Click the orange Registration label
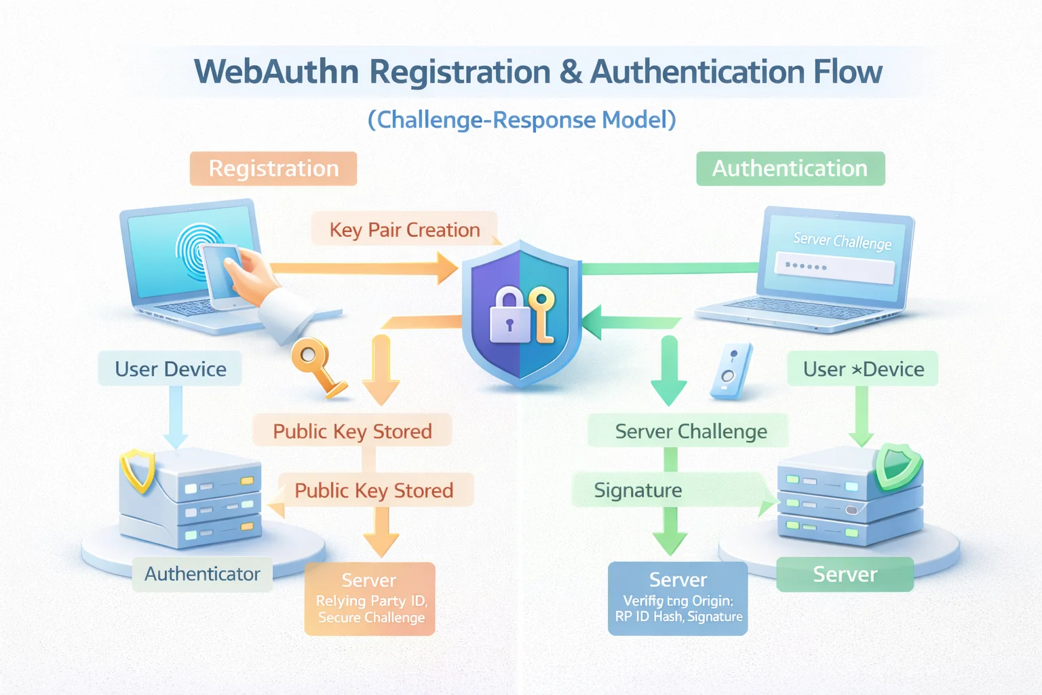pyautogui.click(x=273, y=168)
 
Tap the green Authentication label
pyautogui.click(x=790, y=168)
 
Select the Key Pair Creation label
pyautogui.click(x=404, y=229)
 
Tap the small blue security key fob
pyautogui.click(x=731, y=370)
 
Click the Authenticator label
pyautogui.click(x=202, y=574)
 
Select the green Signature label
pyautogui.click(x=638, y=490)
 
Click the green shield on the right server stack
pyautogui.click(x=897, y=466)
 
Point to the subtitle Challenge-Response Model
pyautogui.click(x=522, y=120)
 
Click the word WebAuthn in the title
pyautogui.click(x=276, y=72)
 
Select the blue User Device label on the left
pyautogui.click(x=170, y=369)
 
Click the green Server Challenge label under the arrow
pyautogui.click(x=690, y=431)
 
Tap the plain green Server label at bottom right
pyautogui.click(x=845, y=574)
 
